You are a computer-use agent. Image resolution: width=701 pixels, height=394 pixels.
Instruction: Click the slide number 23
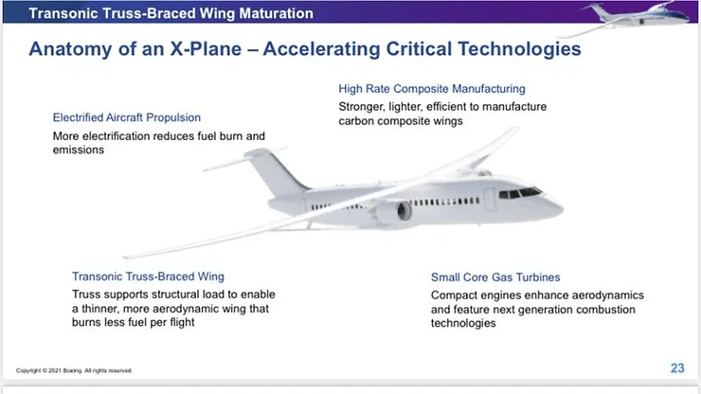677,368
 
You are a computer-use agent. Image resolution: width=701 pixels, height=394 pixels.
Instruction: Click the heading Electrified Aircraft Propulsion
127,117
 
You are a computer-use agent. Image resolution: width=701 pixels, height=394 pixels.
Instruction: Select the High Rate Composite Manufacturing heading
432,88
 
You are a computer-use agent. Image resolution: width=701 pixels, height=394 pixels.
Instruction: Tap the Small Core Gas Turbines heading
495,278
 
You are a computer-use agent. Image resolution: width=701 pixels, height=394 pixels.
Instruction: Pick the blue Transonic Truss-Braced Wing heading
148,277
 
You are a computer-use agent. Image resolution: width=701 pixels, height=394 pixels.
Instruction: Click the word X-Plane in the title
206,48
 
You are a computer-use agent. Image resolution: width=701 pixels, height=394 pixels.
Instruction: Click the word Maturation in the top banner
277,13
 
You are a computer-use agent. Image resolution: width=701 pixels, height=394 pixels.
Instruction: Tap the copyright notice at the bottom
74,370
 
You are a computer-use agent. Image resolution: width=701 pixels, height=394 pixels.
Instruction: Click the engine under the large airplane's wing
394,212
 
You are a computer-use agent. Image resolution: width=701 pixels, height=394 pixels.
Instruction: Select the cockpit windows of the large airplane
520,193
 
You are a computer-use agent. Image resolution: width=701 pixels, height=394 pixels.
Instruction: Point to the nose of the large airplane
558,206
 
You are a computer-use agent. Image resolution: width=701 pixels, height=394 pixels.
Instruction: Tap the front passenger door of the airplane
491,199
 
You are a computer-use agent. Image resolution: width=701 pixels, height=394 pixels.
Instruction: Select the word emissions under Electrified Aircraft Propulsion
79,150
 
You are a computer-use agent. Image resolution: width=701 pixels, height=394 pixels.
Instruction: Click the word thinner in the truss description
100,309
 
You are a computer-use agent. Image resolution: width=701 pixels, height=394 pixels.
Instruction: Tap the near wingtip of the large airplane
127,257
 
